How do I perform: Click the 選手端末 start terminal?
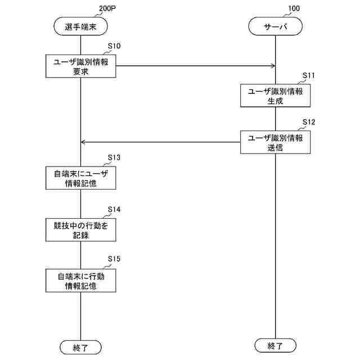(x=80, y=26)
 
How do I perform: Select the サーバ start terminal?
(x=276, y=26)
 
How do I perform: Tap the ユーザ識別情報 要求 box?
(x=80, y=66)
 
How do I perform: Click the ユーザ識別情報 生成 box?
(x=276, y=96)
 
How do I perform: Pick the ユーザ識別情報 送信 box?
(x=276, y=142)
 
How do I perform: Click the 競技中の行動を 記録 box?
(x=80, y=229)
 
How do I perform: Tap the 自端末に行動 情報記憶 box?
(x=80, y=280)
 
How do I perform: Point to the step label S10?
(x=114, y=46)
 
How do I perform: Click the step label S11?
(x=309, y=75)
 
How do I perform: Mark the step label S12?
(x=309, y=121)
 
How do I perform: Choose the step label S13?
(x=114, y=157)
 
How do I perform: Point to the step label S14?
(x=114, y=209)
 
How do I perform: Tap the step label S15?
(x=114, y=259)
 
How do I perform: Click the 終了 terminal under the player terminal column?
(x=80, y=346)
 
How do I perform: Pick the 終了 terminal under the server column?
(x=276, y=344)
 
